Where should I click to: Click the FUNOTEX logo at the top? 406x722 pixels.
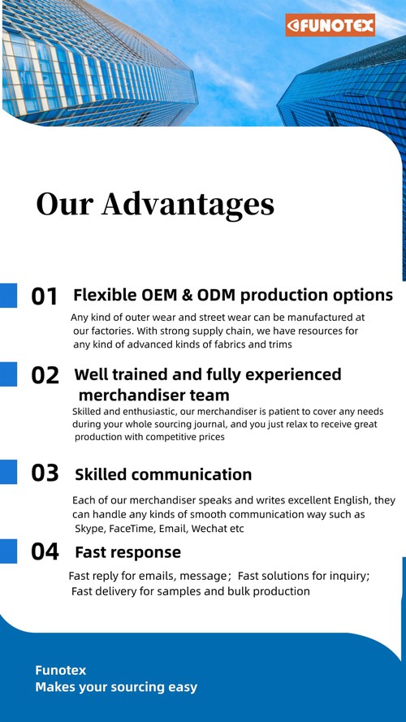(x=330, y=26)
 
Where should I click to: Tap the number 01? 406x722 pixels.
(x=45, y=296)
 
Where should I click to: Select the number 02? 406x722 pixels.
(x=45, y=375)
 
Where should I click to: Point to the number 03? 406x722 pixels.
(x=45, y=473)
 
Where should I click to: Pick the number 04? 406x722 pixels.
(x=45, y=551)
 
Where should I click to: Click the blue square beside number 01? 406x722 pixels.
(x=8, y=295)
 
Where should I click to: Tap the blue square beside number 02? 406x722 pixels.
(x=8, y=374)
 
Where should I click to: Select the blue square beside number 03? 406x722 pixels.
(x=8, y=471)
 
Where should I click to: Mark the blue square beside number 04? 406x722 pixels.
(x=8, y=551)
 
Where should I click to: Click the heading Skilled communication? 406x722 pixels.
(x=163, y=474)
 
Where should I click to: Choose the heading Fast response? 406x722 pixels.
(x=127, y=552)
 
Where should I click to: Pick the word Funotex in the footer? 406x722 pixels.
(x=60, y=670)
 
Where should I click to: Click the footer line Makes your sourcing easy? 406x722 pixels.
(x=116, y=687)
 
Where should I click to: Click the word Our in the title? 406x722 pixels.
(x=65, y=204)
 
